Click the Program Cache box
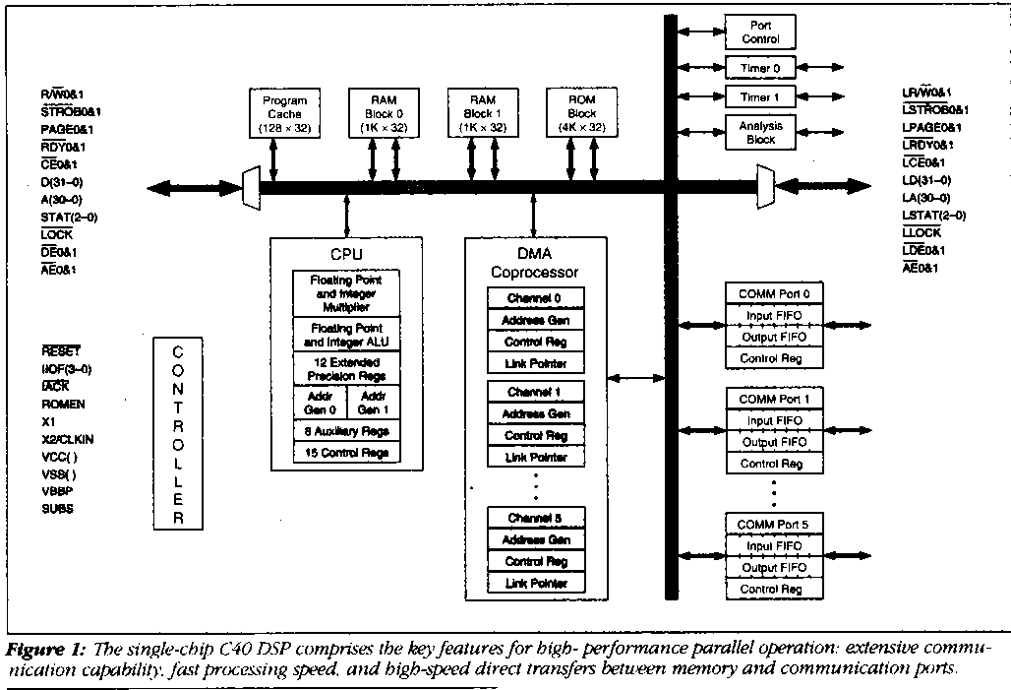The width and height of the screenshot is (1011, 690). coord(284,113)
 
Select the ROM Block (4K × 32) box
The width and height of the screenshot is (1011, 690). coord(581,113)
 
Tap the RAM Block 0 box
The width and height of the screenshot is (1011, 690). coord(383,113)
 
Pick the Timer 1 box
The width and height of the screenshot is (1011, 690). coord(759,97)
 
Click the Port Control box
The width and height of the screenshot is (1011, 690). coord(759,32)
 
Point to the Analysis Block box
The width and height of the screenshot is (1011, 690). coord(759,132)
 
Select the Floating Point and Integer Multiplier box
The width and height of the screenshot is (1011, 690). coord(345,293)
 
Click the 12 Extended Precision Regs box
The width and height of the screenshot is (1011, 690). coord(345,368)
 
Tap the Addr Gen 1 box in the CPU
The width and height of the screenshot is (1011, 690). coord(372,402)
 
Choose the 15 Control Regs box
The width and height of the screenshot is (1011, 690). coord(345,453)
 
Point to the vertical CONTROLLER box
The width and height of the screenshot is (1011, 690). coord(178,435)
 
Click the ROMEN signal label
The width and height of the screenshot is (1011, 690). coord(63,404)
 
